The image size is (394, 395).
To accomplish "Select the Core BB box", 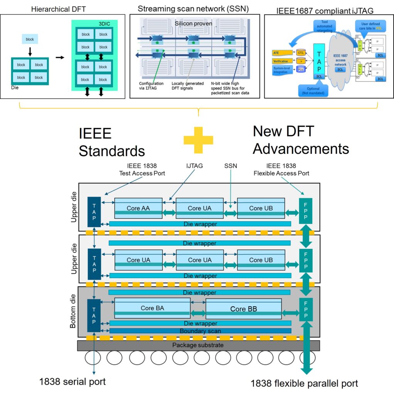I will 244,309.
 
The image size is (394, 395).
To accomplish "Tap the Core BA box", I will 152,308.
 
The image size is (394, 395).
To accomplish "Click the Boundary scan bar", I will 200,331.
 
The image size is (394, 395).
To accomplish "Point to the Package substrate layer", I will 198,345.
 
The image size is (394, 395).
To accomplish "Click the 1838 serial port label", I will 72,382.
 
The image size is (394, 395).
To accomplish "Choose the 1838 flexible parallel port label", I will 304,383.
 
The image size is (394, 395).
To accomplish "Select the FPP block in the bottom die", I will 306,309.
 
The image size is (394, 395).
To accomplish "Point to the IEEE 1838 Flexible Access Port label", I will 281,169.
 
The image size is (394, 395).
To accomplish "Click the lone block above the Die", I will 30,39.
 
